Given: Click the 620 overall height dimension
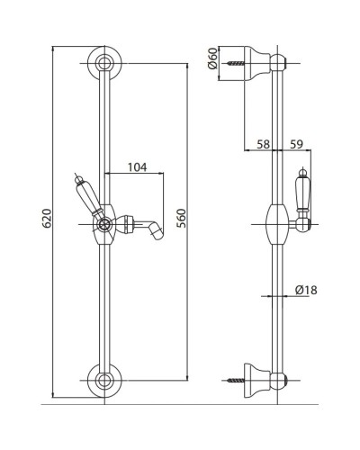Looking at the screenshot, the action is pos(47,218).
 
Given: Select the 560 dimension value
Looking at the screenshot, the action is pos(181,218).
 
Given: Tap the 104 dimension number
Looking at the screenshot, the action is pos(138,167).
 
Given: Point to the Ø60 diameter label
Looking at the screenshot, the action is pos(212,58).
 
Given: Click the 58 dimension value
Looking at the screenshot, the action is pos(263,144).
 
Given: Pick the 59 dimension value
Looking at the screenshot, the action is pos(296,144).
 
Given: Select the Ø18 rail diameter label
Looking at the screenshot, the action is pos(306,290).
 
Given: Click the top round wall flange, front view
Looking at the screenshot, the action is pos(104,64).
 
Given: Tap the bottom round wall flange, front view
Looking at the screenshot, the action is pos(104,381).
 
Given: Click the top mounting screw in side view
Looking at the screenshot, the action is pos(236,63).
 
